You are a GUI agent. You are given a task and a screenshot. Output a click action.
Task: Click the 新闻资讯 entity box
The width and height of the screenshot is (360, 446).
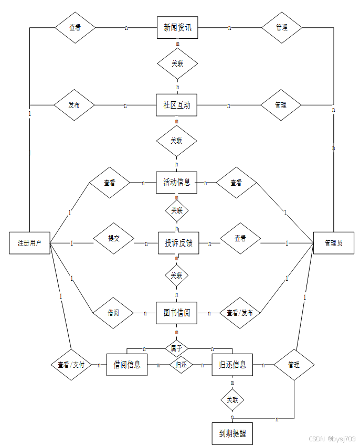[x=177, y=27]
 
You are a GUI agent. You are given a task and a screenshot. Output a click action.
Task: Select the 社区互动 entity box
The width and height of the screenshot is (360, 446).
[x=176, y=105]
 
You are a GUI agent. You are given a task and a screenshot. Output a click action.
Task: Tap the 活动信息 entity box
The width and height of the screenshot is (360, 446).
[x=176, y=183]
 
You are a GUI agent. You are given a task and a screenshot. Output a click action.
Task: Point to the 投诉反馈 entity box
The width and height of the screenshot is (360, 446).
[x=178, y=243]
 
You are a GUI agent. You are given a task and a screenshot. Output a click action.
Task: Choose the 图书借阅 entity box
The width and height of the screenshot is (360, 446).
[x=176, y=313]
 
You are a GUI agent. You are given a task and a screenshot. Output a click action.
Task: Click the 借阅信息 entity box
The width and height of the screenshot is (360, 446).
[x=127, y=364]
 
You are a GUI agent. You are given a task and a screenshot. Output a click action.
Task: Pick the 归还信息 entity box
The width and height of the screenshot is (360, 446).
[x=232, y=364]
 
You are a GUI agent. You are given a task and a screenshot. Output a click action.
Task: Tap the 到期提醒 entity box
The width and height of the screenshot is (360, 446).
[x=232, y=433]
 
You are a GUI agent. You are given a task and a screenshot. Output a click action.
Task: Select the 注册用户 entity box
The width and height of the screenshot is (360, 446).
[x=29, y=243]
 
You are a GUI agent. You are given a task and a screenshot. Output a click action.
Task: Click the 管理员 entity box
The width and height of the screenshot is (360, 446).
[x=333, y=243]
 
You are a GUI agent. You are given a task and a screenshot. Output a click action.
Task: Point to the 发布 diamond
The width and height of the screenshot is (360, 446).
[x=74, y=105]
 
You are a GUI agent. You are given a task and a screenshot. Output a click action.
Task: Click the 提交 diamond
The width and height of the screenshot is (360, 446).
[x=114, y=238]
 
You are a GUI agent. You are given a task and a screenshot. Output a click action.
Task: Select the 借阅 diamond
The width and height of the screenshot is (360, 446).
[x=113, y=313]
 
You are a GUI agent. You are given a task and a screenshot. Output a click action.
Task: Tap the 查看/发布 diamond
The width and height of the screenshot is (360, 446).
[x=240, y=313]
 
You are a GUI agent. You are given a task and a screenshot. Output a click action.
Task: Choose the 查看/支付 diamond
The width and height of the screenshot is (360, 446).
[x=71, y=365]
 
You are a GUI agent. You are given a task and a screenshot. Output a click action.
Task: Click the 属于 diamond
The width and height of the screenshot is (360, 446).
[x=177, y=347]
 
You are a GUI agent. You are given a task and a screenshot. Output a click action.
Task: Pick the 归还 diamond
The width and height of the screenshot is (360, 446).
[x=181, y=365]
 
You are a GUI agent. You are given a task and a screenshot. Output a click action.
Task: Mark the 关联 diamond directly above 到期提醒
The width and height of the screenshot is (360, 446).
[x=232, y=400]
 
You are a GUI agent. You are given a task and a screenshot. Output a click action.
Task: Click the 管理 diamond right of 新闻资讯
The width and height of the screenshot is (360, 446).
[x=282, y=27]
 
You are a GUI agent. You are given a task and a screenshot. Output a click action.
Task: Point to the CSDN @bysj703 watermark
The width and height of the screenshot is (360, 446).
[x=332, y=439]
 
